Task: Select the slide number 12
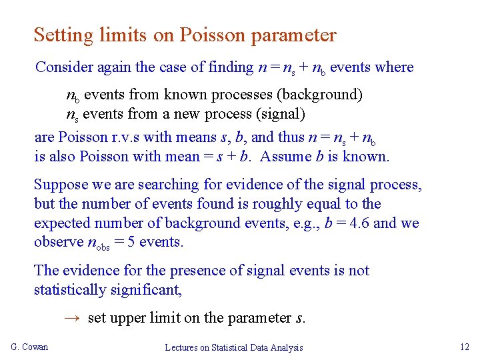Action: [465, 346]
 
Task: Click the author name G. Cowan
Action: [30, 347]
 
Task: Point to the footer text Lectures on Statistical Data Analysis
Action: [234, 347]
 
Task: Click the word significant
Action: [151, 290]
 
